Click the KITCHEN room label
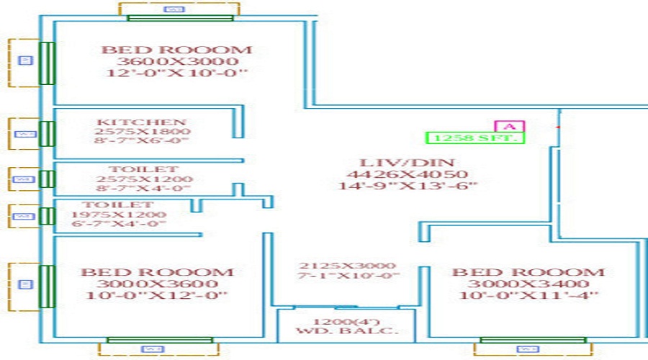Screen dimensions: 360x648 pyautogui.click(x=142, y=122)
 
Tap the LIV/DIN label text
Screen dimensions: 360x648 pyautogui.click(x=407, y=161)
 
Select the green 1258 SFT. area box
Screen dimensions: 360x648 pyautogui.click(x=474, y=137)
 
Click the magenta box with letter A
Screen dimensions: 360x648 pyautogui.click(x=510, y=126)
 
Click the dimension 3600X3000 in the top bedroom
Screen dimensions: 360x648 pyautogui.click(x=176, y=61)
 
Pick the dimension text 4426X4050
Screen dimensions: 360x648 pyautogui.click(x=407, y=174)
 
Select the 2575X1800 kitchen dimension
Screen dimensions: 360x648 pyautogui.click(x=142, y=132)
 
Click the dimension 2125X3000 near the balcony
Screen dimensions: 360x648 pyautogui.click(x=348, y=266)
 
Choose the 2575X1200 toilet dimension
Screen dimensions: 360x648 pyautogui.click(x=144, y=179)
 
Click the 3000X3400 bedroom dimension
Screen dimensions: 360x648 pyautogui.click(x=528, y=284)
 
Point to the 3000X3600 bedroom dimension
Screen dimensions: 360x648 pyautogui.click(x=156, y=284)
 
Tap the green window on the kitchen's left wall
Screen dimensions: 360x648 pyautogui.click(x=47, y=134)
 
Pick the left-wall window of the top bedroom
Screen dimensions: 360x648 pyautogui.click(x=47, y=63)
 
